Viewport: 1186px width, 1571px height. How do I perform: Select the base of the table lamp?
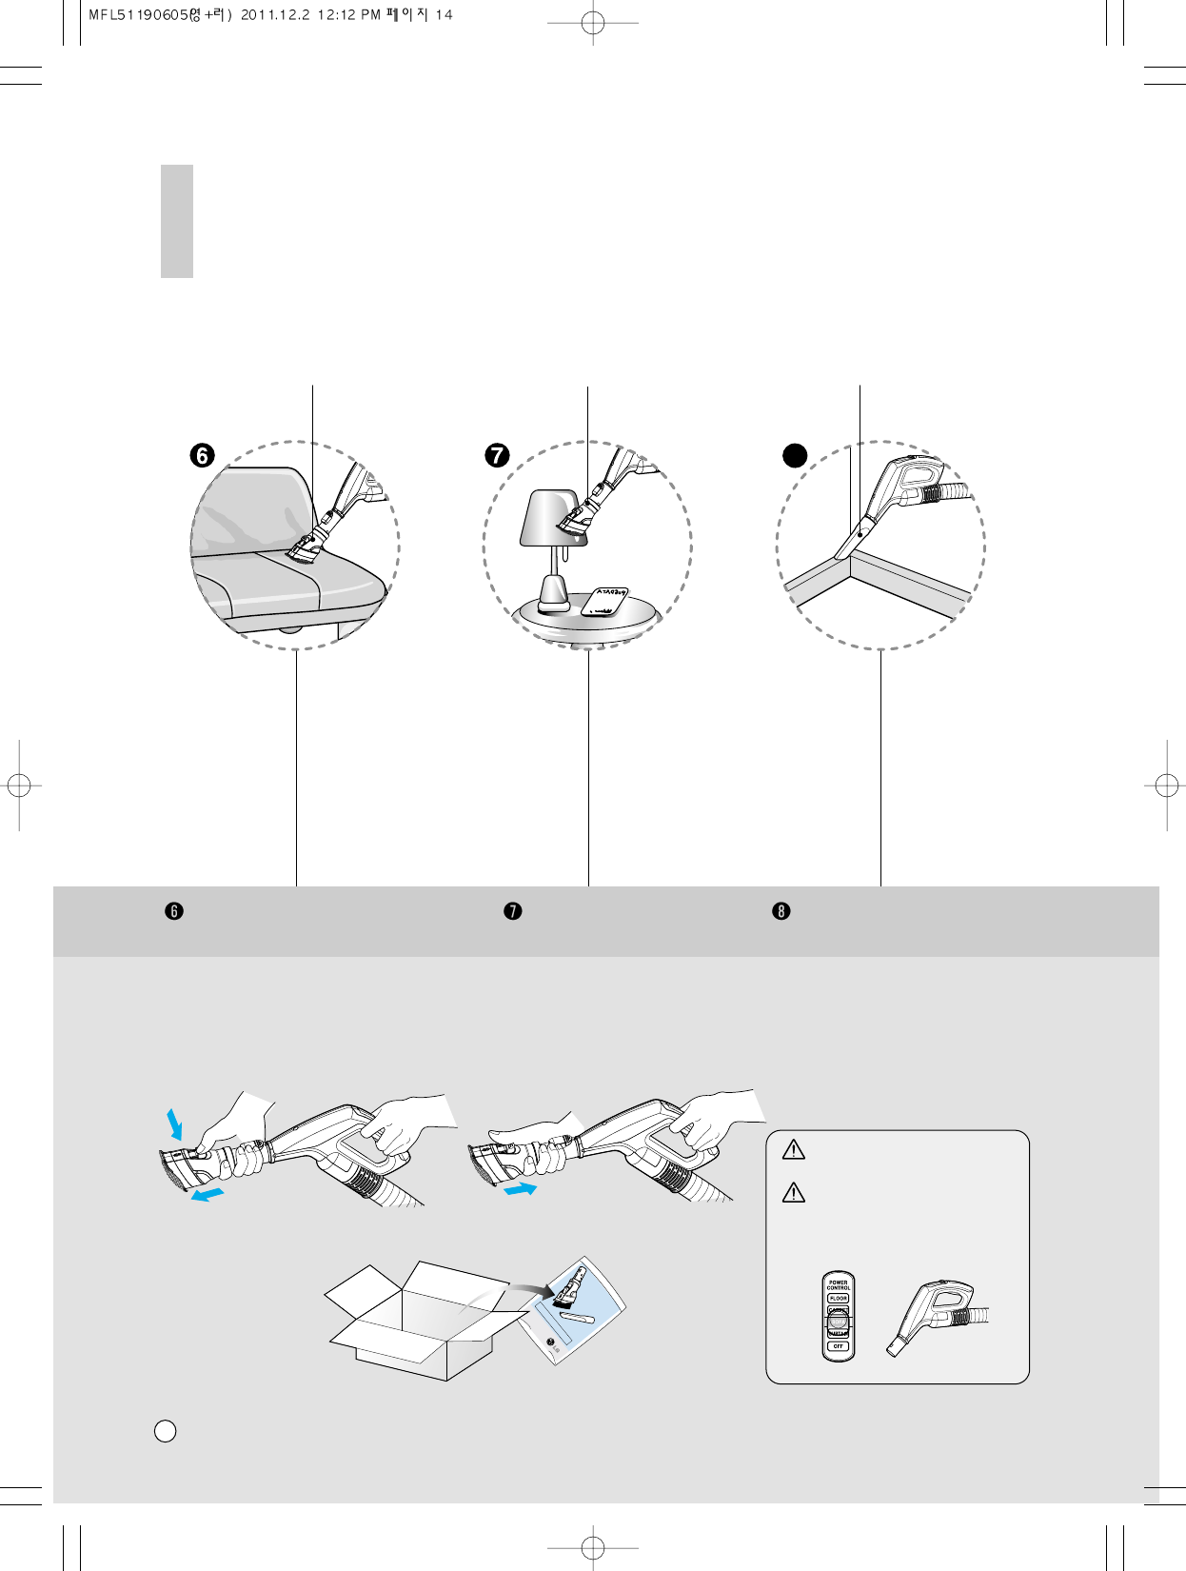point(553,599)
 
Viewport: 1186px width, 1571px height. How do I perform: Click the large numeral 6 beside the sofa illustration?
point(202,456)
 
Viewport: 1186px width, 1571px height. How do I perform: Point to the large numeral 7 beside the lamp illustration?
point(497,456)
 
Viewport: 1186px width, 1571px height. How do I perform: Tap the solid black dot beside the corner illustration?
point(795,456)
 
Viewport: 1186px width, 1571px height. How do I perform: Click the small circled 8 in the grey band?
point(781,911)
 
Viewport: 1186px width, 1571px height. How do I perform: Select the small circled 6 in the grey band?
point(174,911)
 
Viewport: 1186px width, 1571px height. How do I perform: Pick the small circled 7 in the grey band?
point(513,911)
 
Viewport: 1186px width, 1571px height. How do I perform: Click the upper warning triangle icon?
point(793,1150)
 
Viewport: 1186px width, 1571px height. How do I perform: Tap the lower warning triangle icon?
point(793,1192)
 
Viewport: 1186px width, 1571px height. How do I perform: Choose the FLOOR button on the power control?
point(839,1299)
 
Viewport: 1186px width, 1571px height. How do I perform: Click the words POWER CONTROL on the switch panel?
point(839,1285)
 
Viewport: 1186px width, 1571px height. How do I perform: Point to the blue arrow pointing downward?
point(174,1124)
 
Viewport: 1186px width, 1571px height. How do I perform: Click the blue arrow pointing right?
point(521,1189)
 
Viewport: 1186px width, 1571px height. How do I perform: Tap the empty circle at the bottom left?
point(165,1431)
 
